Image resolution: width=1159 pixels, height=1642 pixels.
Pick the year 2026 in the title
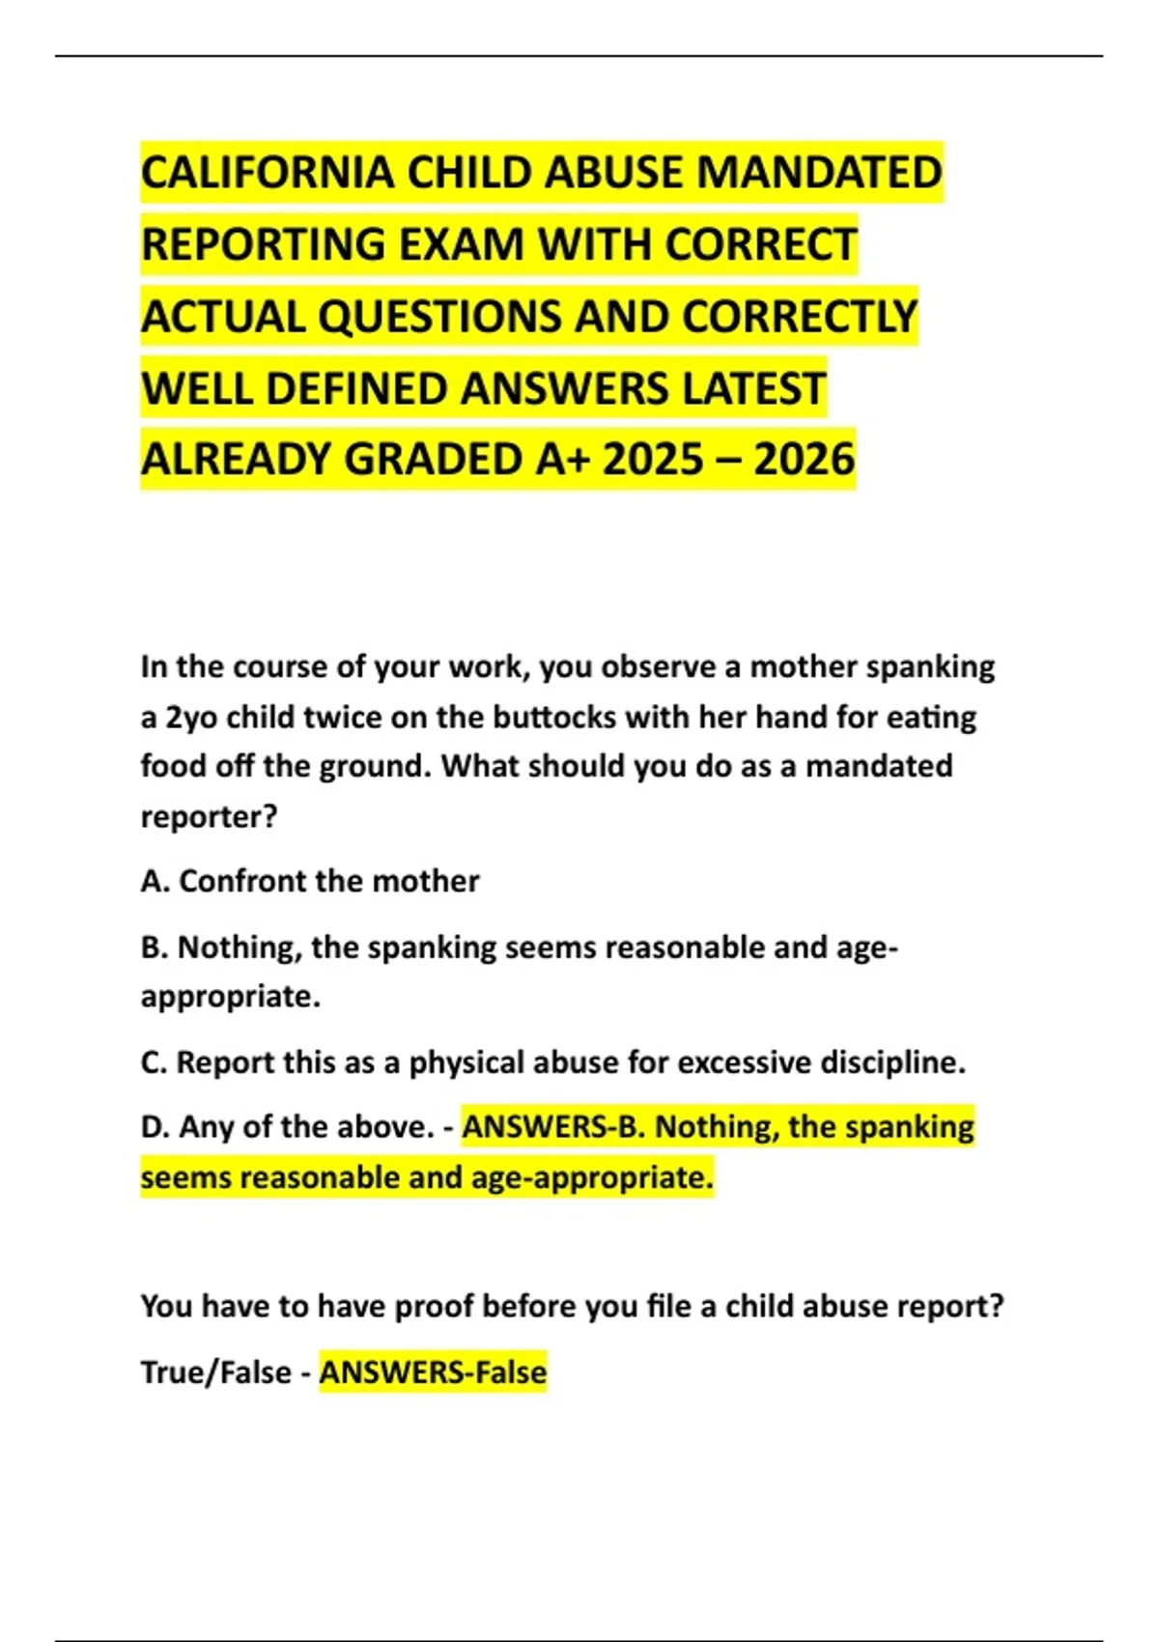805,460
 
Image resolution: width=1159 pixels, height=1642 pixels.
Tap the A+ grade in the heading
562,460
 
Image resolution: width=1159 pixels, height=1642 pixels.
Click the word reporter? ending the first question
209,817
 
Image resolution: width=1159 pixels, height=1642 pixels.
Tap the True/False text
215,1373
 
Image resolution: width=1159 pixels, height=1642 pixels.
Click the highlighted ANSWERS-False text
433,1373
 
